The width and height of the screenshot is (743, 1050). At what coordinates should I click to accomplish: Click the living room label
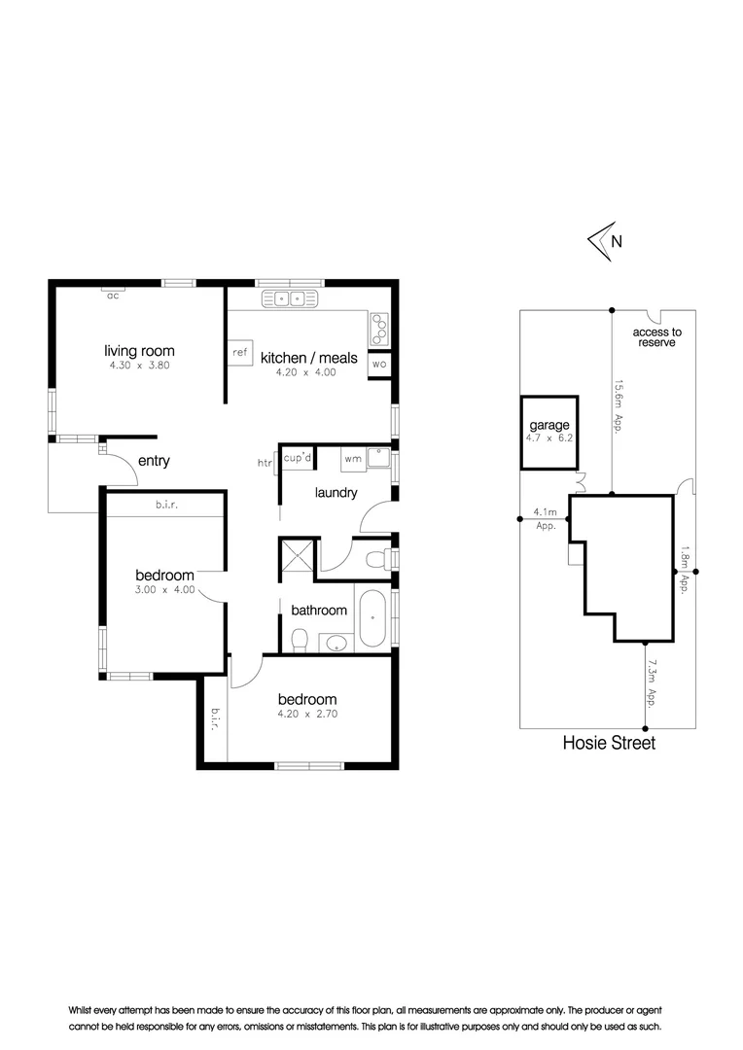pyautogui.click(x=139, y=351)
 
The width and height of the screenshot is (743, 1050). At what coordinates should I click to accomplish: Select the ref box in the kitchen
pyautogui.click(x=239, y=353)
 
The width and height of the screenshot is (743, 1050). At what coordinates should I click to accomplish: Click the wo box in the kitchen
pyautogui.click(x=379, y=365)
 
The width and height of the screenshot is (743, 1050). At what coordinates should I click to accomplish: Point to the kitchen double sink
pyautogui.click(x=288, y=298)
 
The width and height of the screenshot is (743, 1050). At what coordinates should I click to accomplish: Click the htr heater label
pyautogui.click(x=265, y=464)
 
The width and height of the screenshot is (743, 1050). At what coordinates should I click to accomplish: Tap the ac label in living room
pyautogui.click(x=113, y=296)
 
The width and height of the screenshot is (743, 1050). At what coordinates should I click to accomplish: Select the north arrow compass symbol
pyautogui.click(x=602, y=241)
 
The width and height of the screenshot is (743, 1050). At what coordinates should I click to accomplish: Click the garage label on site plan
pyautogui.click(x=548, y=426)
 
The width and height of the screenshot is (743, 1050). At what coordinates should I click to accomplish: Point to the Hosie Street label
pyautogui.click(x=609, y=743)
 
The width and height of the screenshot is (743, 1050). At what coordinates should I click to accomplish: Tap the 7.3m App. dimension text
pyautogui.click(x=649, y=684)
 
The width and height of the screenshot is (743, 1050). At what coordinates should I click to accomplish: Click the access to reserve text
pyautogui.click(x=656, y=337)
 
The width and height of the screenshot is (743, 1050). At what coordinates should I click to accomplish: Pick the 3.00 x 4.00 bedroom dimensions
pyautogui.click(x=164, y=590)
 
